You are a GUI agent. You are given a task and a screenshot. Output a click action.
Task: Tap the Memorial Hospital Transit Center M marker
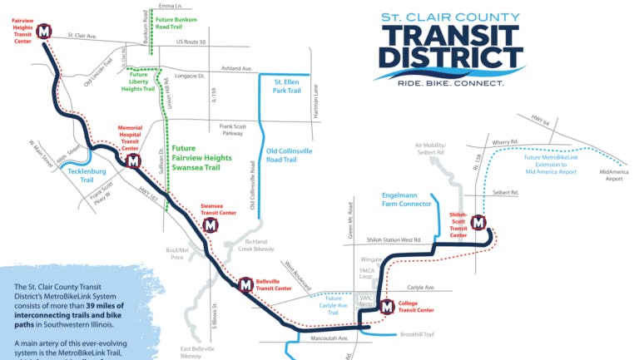coord(133,160)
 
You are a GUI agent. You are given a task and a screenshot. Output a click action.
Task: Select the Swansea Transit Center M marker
coord(211,224)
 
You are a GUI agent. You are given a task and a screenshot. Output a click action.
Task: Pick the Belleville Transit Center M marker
coord(246,285)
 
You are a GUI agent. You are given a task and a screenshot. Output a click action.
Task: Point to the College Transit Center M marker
coord(387,308)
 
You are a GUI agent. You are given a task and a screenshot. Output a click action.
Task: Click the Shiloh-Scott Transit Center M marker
coord(478,222)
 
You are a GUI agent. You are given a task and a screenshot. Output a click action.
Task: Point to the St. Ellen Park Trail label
coord(287,86)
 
